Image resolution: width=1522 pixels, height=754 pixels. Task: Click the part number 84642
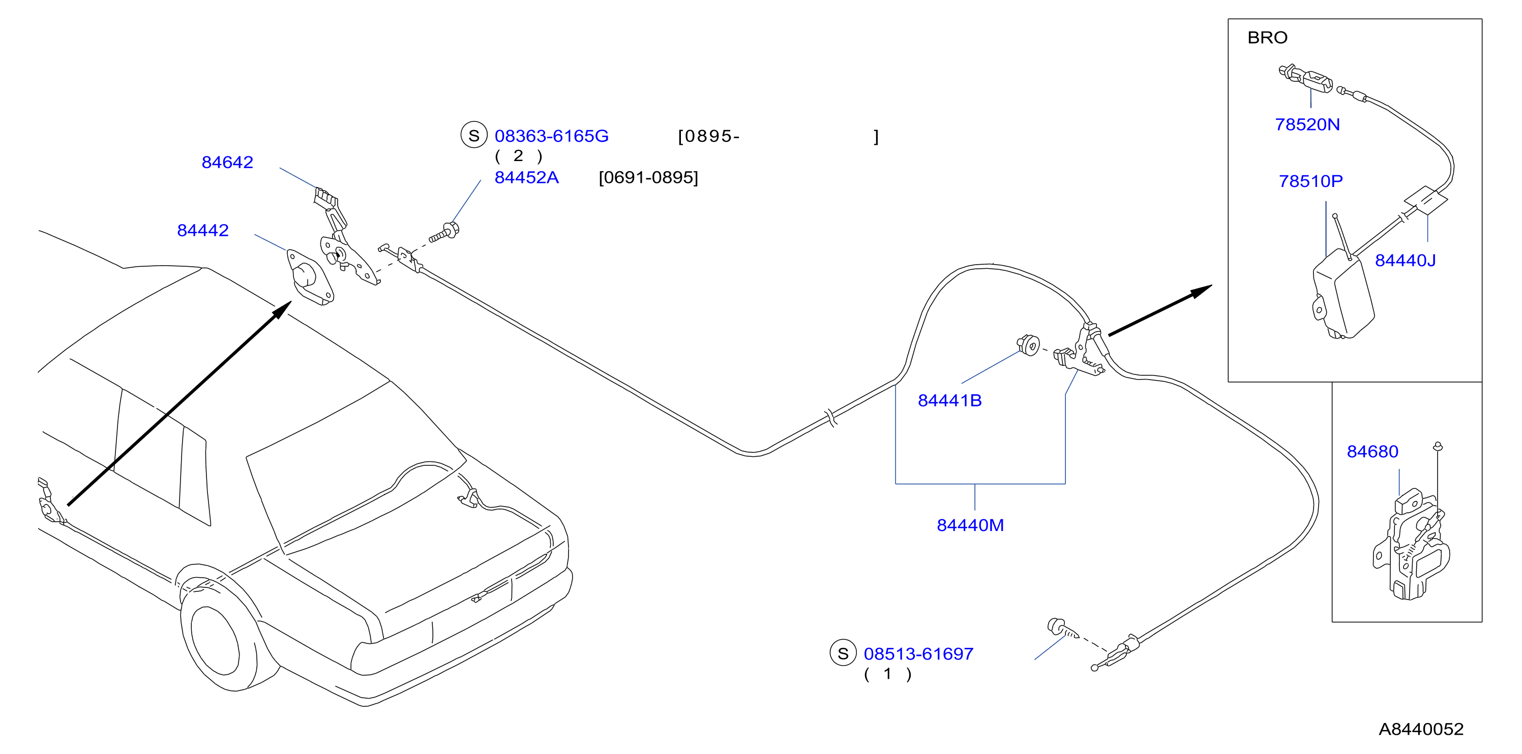[227, 163]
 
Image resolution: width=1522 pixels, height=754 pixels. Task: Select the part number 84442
[203, 230]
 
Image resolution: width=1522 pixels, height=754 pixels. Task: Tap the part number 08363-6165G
[551, 136]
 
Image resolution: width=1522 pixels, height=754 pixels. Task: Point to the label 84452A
[526, 178]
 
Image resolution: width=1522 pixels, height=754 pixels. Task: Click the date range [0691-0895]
[648, 178]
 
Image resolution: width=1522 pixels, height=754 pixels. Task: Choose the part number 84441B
[949, 401]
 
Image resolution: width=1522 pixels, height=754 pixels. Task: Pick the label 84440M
[970, 525]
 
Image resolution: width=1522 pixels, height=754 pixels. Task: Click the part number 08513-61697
[918, 654]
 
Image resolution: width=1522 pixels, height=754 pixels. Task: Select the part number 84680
[1372, 452]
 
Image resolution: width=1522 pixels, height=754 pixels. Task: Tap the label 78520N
[1307, 124]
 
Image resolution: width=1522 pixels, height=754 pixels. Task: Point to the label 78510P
[1310, 181]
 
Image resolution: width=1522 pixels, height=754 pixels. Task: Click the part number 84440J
[1405, 260]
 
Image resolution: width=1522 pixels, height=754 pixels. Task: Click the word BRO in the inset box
[1267, 38]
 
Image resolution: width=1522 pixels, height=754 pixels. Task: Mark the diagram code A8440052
[1421, 729]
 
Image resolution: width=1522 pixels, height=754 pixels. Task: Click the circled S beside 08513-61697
[843, 653]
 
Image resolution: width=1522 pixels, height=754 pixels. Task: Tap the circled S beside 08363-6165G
[474, 135]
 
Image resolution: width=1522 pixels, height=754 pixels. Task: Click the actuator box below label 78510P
[1343, 295]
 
